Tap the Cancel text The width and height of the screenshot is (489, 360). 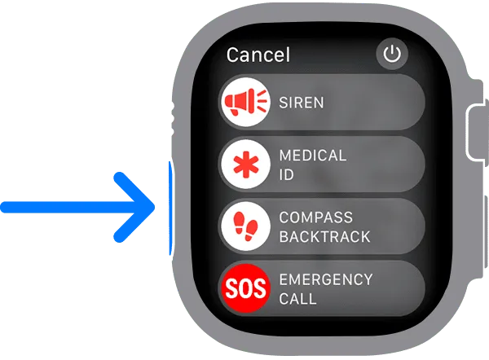[x=258, y=55]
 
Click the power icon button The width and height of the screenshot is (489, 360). [x=392, y=54]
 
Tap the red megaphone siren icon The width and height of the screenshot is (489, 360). [x=245, y=102]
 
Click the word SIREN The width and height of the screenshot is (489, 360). [x=302, y=103]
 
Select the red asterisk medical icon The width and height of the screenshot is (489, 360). [x=246, y=164]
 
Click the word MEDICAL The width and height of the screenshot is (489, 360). [x=313, y=156]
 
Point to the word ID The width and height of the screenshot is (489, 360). [x=286, y=174]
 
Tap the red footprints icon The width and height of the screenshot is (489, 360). [x=246, y=226]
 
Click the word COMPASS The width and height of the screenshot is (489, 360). [x=316, y=217]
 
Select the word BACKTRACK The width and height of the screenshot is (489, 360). [x=324, y=236]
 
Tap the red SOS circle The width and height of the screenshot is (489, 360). [x=245, y=288]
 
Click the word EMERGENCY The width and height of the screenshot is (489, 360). [x=326, y=279]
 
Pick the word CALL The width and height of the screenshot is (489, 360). [x=297, y=299]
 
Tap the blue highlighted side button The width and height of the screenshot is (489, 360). [x=170, y=209]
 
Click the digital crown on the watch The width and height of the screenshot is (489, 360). [x=477, y=133]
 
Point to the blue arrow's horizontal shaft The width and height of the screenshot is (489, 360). [x=72, y=207]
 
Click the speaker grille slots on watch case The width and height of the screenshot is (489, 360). [x=173, y=118]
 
